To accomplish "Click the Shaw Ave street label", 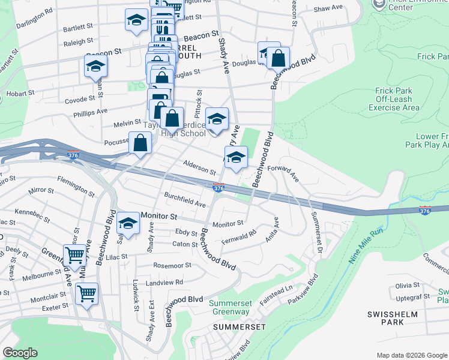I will point(328,8).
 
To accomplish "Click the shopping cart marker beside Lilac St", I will point(74,254).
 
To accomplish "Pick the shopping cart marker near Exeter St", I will point(87,294).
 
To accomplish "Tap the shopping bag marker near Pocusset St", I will point(140,144).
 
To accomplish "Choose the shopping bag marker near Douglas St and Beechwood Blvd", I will point(279,59).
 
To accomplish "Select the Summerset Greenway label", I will point(229,307).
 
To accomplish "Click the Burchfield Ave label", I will point(184,200).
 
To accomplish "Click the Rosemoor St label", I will point(172,265).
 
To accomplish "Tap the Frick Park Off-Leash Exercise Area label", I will point(394,99).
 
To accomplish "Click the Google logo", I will point(20,353).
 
